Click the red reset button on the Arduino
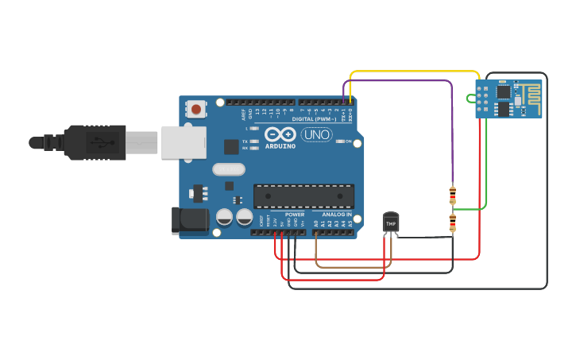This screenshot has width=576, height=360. [x=196, y=108]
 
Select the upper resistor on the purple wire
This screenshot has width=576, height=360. [x=453, y=194]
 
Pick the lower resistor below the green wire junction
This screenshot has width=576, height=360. [x=453, y=223]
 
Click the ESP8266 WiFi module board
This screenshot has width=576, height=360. [x=508, y=99]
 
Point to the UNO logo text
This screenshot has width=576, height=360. [x=316, y=135]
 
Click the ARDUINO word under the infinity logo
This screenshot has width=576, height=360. [x=280, y=146]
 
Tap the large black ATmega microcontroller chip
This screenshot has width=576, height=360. [x=303, y=196]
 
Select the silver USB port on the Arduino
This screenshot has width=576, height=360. [x=184, y=142]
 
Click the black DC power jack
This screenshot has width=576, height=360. [x=190, y=220]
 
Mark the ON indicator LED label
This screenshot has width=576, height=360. [x=348, y=141]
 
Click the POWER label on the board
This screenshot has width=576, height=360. [x=294, y=215]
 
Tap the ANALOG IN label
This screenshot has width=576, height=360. [x=338, y=215]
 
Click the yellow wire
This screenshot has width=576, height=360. [x=413, y=72]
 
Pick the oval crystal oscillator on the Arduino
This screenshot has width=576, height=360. [x=229, y=169]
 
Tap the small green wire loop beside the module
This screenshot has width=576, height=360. [x=471, y=99]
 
